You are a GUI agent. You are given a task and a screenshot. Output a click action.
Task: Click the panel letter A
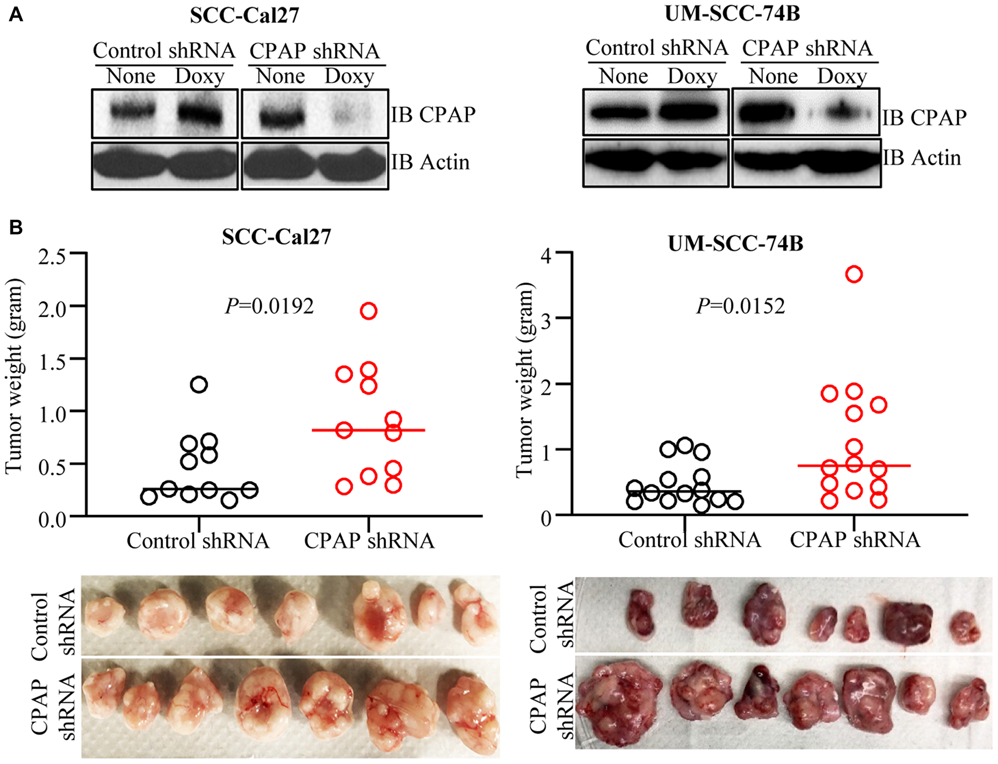(x=16, y=15)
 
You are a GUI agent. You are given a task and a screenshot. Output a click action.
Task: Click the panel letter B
(x=16, y=228)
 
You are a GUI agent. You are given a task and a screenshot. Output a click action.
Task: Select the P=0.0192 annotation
(x=269, y=306)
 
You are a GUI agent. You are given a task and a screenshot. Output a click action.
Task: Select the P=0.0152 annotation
(x=741, y=306)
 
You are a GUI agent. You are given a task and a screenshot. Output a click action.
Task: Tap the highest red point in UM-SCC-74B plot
(x=854, y=274)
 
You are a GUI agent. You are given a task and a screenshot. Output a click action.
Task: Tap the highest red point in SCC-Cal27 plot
(x=368, y=311)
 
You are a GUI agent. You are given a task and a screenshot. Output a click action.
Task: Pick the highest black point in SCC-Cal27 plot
(x=199, y=384)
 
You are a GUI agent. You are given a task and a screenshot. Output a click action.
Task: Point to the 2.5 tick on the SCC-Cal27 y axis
(x=52, y=257)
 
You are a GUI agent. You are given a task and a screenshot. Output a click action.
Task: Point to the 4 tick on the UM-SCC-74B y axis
(x=546, y=256)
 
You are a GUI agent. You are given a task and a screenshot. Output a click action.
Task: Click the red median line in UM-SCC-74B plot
(x=893, y=465)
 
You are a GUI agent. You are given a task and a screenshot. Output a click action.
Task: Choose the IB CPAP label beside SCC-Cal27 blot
(x=433, y=115)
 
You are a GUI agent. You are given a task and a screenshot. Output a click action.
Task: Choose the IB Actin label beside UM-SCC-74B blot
(x=922, y=158)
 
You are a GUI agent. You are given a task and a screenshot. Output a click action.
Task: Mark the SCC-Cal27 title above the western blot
(x=244, y=15)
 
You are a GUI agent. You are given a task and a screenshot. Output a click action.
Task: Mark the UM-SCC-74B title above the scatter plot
(x=736, y=243)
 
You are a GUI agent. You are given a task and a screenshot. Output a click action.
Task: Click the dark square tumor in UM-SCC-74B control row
(x=907, y=622)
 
